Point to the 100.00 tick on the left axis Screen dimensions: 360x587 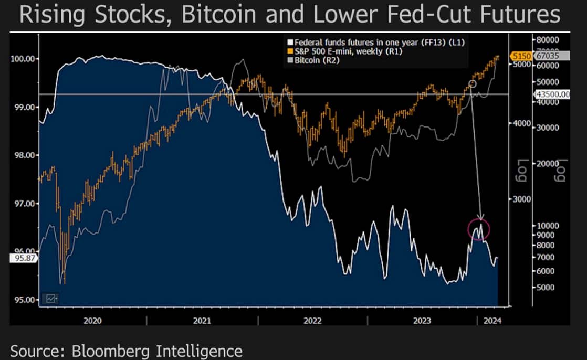23,58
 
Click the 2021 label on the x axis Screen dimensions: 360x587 202,320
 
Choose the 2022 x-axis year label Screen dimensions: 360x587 312,320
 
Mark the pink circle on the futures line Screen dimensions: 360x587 478,229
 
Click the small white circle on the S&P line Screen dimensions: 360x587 472,84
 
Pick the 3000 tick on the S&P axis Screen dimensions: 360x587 520,199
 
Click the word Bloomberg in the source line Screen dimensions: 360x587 119,351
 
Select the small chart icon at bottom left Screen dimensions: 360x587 51,298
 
